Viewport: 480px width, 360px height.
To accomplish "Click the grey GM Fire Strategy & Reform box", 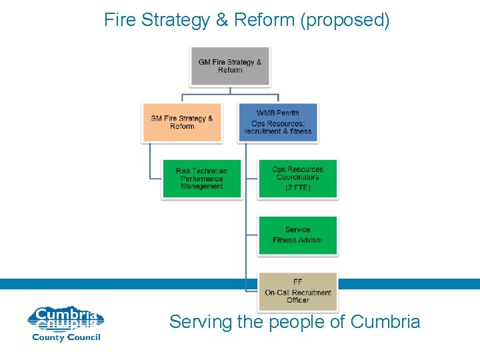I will (230, 66).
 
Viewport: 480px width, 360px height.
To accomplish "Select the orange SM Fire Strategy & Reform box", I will (181, 122).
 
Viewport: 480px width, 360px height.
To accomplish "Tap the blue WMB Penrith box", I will (278, 122).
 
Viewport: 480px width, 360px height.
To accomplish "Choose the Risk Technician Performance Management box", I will (201, 179).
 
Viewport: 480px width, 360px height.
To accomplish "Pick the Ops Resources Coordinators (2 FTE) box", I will (297, 179).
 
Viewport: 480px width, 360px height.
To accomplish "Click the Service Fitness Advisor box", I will (297, 235).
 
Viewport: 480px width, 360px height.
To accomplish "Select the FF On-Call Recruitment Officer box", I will (297, 291).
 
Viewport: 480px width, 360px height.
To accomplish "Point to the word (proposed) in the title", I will (345, 21).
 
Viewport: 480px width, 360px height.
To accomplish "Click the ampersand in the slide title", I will (222, 20).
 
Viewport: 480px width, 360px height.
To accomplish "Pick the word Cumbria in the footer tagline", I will (385, 322).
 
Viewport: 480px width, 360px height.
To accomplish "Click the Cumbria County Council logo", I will (65, 323).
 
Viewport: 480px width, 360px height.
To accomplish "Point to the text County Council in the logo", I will (65, 337).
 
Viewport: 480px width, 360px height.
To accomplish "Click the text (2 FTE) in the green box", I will (297, 188).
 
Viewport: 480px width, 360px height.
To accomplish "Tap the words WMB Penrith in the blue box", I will (278, 113).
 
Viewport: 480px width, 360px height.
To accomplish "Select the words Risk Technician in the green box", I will (201, 171).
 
